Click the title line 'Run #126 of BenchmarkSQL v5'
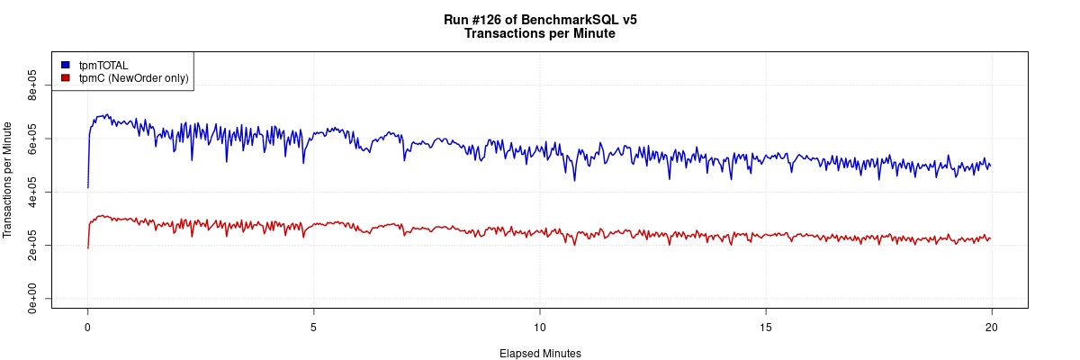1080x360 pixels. point(540,19)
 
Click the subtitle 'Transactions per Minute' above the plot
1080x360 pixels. point(540,33)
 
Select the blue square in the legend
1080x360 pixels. point(66,65)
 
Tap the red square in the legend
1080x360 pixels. point(66,78)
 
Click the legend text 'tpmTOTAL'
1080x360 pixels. point(103,65)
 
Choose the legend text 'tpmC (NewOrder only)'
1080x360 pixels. point(133,78)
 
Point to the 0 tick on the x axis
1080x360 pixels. point(87,327)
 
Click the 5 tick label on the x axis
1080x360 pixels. point(313,327)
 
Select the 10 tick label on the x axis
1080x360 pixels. point(539,327)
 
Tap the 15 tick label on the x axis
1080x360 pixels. point(765,327)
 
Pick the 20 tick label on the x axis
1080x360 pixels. point(991,327)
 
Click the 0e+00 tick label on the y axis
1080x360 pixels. point(32,299)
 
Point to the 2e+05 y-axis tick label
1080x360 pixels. point(32,245)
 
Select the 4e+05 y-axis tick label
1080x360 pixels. point(32,192)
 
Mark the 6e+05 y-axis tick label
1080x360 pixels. point(32,139)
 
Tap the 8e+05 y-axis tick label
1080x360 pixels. point(32,85)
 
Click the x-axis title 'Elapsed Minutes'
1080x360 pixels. point(540,354)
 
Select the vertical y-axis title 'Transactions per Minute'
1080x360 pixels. point(8,180)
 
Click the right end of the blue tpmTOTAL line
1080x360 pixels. point(990,166)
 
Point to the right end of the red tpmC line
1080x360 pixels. point(990,238)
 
